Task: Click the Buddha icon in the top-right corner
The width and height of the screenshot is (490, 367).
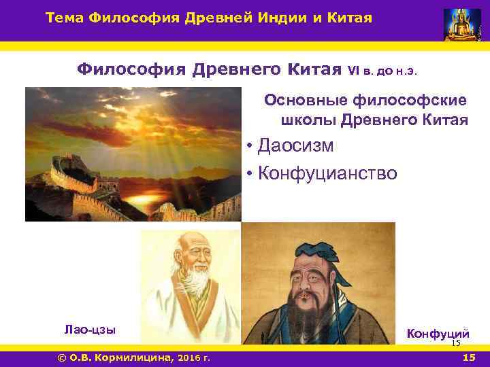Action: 462,24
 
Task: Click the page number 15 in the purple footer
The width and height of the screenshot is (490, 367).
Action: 468,357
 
